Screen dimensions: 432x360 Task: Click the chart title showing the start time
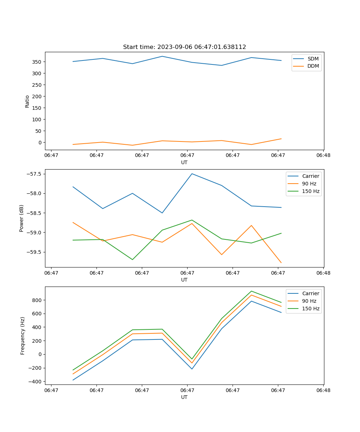[184, 47]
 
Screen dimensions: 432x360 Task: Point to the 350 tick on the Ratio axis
[37, 62]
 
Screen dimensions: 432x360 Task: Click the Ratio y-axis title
[27, 101]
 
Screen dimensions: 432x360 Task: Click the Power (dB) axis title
[22, 218]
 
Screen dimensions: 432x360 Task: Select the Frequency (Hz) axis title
[23, 336]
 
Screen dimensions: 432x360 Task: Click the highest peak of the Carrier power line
[192, 174]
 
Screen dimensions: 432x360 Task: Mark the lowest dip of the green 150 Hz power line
[132, 260]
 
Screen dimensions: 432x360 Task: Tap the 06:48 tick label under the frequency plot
[323, 390]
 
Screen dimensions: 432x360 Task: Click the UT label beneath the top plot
[184, 162]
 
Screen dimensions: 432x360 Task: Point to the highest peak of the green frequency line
[251, 291]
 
